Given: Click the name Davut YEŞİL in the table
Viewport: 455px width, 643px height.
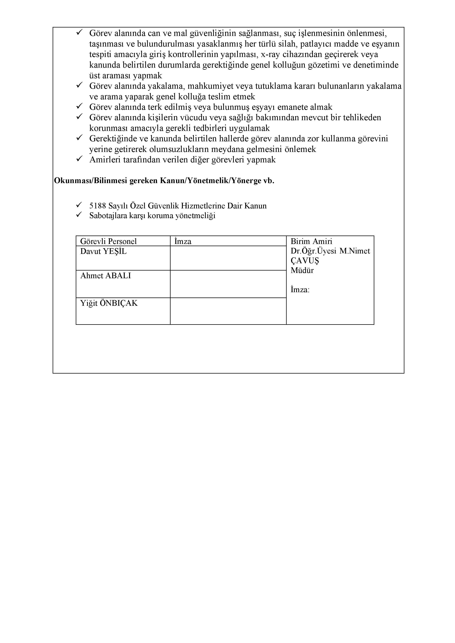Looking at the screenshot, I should pyautogui.click(x=103, y=251).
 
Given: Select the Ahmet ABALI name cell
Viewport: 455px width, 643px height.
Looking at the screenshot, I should pyautogui.click(x=106, y=276).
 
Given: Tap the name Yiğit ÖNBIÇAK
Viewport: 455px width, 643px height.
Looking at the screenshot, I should pyautogui.click(x=109, y=303).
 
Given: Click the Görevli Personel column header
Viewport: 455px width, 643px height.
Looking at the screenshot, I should pyautogui.click(x=108, y=241).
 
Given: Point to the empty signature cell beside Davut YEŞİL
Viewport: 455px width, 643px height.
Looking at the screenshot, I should pyautogui.click(x=228, y=258).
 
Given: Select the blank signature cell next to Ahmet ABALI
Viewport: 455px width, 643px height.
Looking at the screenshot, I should pyautogui.click(x=228, y=284).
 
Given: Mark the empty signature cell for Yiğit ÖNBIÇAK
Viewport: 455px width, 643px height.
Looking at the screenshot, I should pyautogui.click(x=228, y=311).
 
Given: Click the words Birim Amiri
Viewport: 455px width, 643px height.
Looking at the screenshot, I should pyautogui.click(x=311, y=241).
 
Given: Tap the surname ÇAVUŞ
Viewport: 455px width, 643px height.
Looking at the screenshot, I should pyautogui.click(x=305, y=261).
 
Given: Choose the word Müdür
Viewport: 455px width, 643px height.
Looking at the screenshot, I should pyautogui.click(x=302, y=271).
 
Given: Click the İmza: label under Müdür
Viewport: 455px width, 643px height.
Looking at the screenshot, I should pyautogui.click(x=300, y=290).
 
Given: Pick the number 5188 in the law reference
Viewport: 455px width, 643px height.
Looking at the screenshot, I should pyautogui.click(x=98, y=206).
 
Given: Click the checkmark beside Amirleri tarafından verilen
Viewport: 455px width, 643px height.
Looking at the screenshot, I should pyautogui.click(x=79, y=159).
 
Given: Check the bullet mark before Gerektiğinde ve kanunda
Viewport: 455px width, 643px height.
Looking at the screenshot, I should pyautogui.click(x=79, y=138).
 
